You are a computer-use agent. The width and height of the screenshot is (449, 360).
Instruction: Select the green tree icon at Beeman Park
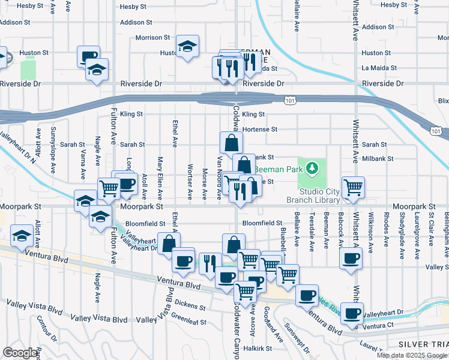pos(312,167)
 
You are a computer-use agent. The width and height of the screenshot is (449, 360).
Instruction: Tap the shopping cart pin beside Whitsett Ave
pos(353,187)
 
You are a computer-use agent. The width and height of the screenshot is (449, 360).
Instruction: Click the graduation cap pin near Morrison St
pos(187,46)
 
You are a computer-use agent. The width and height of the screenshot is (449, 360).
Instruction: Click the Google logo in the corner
pos(20,353)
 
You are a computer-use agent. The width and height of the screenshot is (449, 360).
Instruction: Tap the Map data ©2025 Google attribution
pos(412,355)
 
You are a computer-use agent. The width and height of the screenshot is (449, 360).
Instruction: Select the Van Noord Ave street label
pos(220,177)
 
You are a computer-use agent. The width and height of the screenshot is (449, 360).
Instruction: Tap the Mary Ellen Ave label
pos(160,178)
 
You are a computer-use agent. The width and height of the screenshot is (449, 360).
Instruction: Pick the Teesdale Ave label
pos(311,232)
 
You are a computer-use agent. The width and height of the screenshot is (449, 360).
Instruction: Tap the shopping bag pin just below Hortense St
pos(231,143)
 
